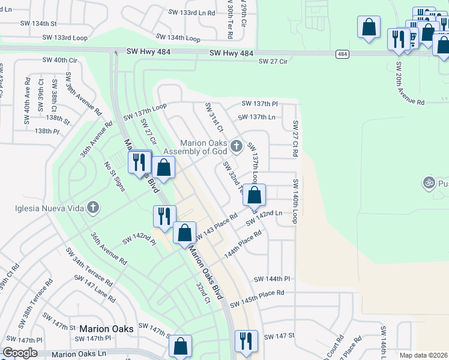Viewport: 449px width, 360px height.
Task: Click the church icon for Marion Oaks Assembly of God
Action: click(237, 146)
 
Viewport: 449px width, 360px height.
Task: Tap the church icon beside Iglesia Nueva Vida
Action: click(92, 208)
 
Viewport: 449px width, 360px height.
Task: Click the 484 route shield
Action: click(342, 54)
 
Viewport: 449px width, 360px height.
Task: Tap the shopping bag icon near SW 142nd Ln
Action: click(255, 195)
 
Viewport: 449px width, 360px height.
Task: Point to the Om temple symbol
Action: click(429, 181)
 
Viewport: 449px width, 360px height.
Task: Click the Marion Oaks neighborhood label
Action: click(106, 329)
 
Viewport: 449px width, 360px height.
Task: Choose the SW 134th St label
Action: click(37, 23)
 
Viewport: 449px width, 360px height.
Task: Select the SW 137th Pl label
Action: click(259, 104)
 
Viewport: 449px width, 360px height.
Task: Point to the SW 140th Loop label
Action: click(295, 201)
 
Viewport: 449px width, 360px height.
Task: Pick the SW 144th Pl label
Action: click(271, 279)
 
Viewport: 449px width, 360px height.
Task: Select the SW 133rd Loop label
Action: click(65, 37)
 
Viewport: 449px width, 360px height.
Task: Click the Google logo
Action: click(20, 353)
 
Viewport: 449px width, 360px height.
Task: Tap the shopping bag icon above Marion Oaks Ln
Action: click(180, 346)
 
